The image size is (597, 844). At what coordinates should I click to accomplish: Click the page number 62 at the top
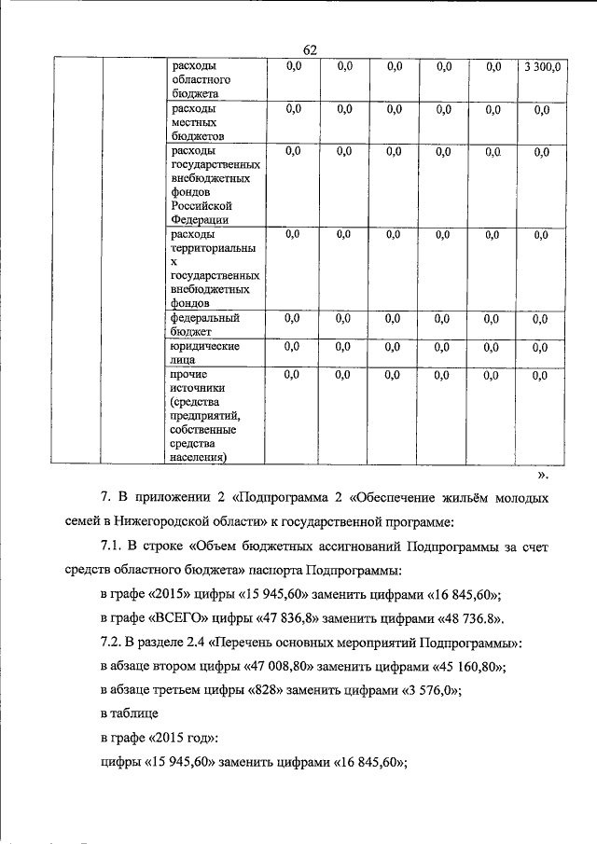(311, 50)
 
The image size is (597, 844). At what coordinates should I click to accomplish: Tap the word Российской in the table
(201, 205)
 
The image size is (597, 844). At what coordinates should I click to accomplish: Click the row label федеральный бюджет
(206, 324)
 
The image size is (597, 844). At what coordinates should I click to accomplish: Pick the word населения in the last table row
(201, 458)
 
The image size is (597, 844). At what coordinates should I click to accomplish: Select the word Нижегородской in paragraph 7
(180, 520)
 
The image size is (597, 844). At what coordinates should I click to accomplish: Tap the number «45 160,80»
(466, 666)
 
